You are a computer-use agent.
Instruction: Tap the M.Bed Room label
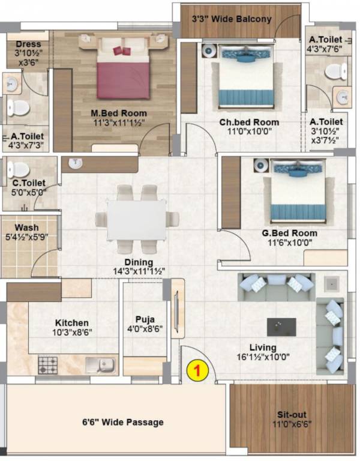pos(119,113)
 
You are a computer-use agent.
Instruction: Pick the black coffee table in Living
pos(281,327)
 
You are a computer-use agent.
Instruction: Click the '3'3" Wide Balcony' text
pos(232,19)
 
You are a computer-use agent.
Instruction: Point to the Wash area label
pos(27,228)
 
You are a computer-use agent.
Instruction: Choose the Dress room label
pos(28,44)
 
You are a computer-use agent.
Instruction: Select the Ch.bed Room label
pos(249,122)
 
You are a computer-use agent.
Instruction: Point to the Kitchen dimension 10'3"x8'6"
pos(73,332)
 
